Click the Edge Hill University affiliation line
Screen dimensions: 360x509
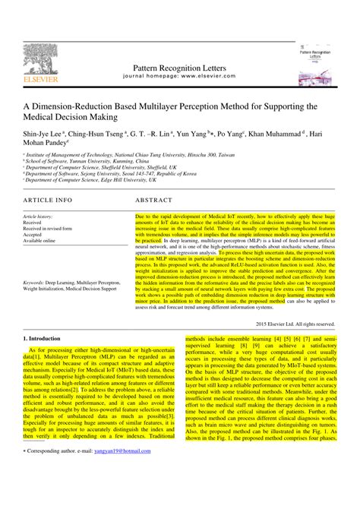pos(91,181)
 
